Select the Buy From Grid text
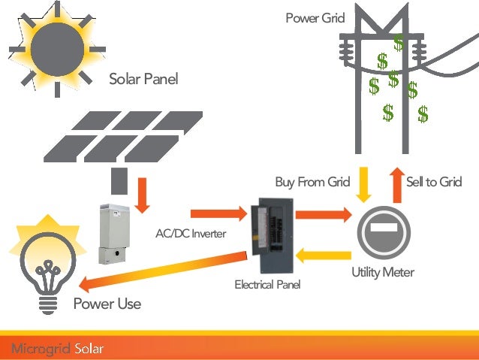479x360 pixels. (312, 183)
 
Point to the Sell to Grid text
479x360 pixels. (433, 183)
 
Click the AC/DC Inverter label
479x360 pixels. (191, 234)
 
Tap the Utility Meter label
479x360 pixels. (382, 272)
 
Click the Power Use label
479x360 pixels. (107, 304)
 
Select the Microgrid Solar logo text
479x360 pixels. (57, 348)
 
